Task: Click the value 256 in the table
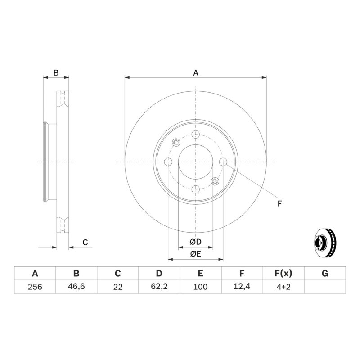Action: click(x=35, y=287)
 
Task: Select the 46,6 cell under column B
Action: click(x=76, y=286)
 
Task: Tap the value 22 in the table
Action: click(x=118, y=287)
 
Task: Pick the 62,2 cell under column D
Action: click(x=159, y=286)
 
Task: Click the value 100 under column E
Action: click(x=200, y=287)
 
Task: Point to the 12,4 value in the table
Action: click(x=242, y=286)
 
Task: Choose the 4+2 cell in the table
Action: click(x=283, y=287)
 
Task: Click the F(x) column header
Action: click(x=283, y=274)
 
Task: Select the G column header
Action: click(x=325, y=274)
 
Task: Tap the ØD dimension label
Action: click(x=196, y=242)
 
